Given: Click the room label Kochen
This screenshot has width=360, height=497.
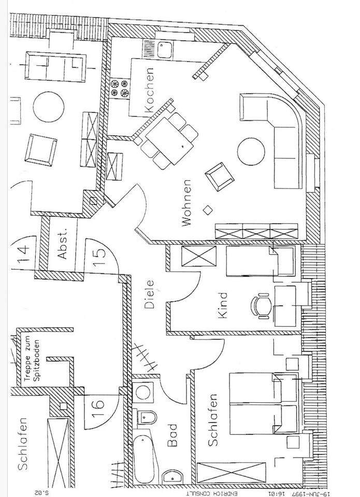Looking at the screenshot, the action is coord(150,91).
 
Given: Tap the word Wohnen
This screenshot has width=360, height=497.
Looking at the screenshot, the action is coord(186,203).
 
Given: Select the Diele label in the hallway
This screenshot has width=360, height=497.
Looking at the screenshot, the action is coord(150,294).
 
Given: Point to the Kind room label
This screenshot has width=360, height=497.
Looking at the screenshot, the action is coord(223,306).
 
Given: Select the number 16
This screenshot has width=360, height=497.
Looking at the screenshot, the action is coord(98,402).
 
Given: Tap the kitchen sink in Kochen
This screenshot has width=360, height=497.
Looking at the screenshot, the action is coord(165,49).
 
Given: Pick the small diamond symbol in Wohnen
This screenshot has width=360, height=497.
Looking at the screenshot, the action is coord(208,210).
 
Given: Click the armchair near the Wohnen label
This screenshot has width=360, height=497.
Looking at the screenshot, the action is coord(218,176).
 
